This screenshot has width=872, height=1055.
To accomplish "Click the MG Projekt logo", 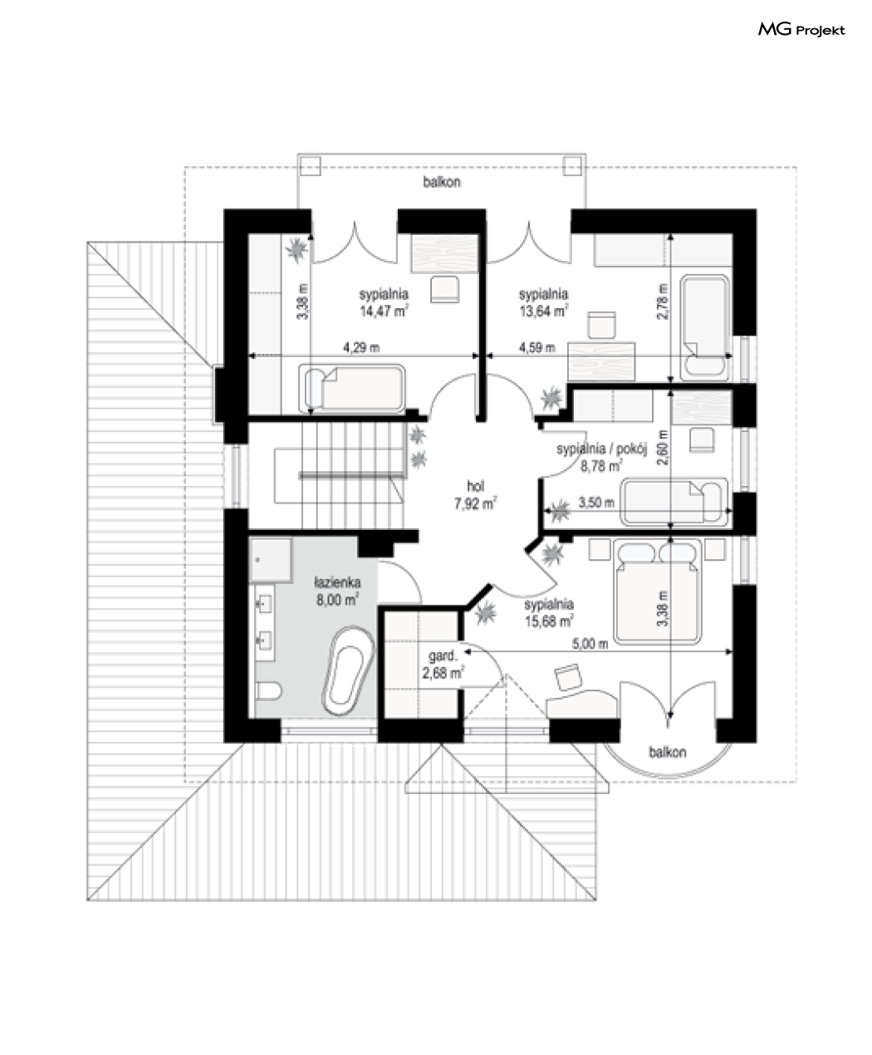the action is (x=801, y=30).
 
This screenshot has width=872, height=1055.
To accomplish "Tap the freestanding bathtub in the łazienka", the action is (x=349, y=671).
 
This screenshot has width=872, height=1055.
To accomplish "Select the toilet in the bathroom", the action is (x=268, y=690).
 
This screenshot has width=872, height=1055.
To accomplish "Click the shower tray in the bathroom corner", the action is (x=270, y=559).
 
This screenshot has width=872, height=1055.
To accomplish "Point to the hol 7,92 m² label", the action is (x=475, y=494).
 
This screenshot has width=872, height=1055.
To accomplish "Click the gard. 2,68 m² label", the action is (x=443, y=665).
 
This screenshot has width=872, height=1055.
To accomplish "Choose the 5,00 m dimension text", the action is (x=590, y=644).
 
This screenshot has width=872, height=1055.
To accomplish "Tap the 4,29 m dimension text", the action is (x=361, y=347).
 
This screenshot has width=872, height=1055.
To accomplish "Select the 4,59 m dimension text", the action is (x=537, y=347).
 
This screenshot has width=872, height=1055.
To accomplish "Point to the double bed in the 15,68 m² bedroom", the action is (x=657, y=591).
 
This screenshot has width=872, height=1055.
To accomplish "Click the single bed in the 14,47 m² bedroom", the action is (x=352, y=388).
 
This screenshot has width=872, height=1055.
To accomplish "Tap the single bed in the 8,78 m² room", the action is (x=674, y=502).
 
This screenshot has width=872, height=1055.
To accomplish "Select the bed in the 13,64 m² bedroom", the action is (x=705, y=327).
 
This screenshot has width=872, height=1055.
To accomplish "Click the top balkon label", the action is (x=442, y=182).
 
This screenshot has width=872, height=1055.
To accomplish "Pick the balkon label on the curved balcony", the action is (x=668, y=752).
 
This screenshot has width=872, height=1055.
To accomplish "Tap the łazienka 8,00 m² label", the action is (x=337, y=591).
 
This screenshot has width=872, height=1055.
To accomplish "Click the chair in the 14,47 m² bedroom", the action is (x=444, y=289).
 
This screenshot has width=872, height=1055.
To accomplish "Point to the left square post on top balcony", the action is (x=310, y=165).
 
